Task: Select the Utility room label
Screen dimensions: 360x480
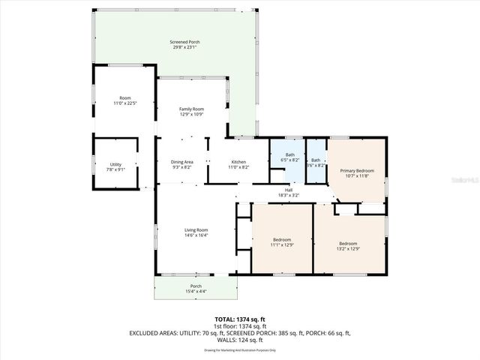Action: coord(115,164)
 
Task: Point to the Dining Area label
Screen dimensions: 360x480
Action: coord(182,162)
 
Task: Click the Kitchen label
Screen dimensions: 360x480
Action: coord(238,162)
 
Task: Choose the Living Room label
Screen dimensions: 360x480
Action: coord(197,230)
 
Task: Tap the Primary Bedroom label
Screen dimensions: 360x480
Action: coord(357,171)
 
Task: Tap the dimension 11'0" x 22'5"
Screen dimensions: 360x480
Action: coord(125,103)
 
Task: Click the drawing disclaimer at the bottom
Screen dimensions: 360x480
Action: coord(240,349)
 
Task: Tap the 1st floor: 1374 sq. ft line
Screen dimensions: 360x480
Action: coord(240,326)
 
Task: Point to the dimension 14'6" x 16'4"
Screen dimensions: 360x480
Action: coord(197,235)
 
